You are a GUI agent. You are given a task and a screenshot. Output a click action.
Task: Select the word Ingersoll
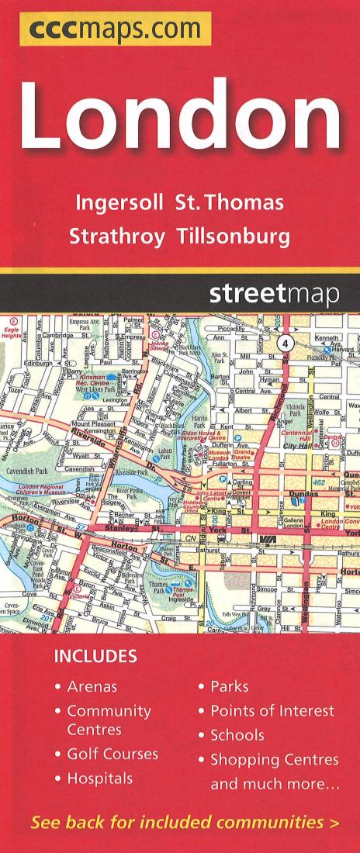pos(119,203)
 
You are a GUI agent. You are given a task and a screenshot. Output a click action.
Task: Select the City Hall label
pos(296,447)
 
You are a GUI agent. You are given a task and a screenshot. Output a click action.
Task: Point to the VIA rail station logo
pos(270,538)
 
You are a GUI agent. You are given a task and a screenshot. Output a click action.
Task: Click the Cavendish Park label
pos(28,470)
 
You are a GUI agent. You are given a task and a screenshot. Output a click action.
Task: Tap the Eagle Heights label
pos(12,333)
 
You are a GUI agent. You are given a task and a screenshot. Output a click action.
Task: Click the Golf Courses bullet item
pos(112,754)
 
